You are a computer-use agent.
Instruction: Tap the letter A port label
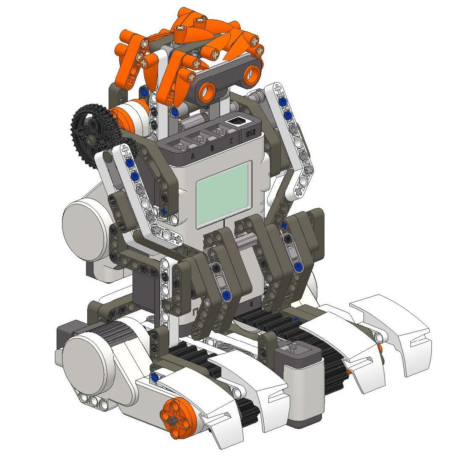click(193, 155)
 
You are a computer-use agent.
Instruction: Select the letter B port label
click(212, 148)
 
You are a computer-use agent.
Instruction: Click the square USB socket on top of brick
click(236, 121)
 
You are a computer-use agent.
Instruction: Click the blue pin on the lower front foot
click(156, 377)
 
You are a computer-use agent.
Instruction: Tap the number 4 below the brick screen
click(250, 302)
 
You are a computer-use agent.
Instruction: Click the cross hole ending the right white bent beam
click(299, 192)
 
